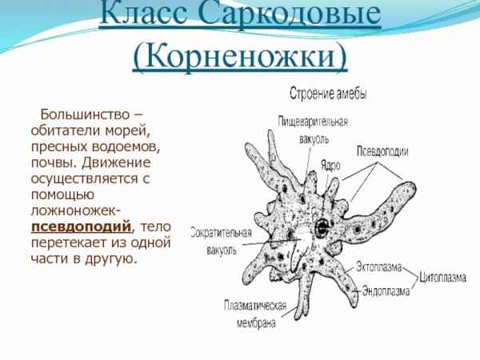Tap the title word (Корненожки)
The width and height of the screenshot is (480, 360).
pyautogui.click(x=241, y=56)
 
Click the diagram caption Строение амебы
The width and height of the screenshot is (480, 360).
pyautogui.click(x=328, y=94)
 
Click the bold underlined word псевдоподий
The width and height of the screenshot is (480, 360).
pyautogui.click(x=81, y=226)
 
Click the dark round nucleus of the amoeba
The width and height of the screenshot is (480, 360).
pyautogui.click(x=322, y=225)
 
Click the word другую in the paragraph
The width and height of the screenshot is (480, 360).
pyautogui.click(x=109, y=258)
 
